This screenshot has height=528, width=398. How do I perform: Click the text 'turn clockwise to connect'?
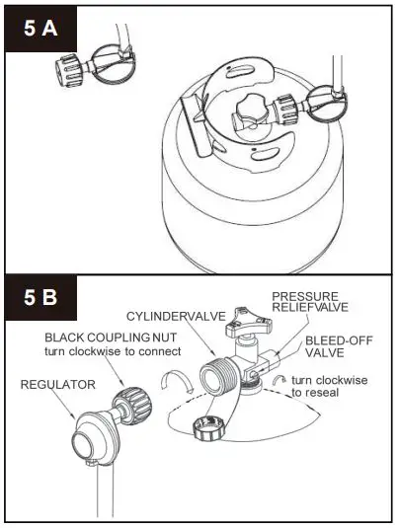112,352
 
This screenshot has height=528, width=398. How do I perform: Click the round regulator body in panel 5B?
91,429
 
